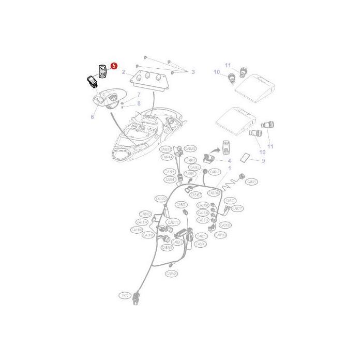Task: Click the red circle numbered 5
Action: click(114, 66)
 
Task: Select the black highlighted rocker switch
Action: click(93, 82)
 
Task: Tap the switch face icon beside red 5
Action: click(102, 71)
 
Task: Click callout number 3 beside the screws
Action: click(193, 72)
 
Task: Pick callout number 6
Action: click(93, 117)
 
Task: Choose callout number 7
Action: click(139, 95)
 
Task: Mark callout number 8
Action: click(139, 103)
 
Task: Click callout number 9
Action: click(263, 161)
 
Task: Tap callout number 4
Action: click(230, 161)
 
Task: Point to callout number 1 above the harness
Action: click(230, 168)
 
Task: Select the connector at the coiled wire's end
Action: click(240, 177)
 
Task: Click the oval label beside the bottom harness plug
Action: click(124, 295)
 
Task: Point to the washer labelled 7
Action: click(124, 100)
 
